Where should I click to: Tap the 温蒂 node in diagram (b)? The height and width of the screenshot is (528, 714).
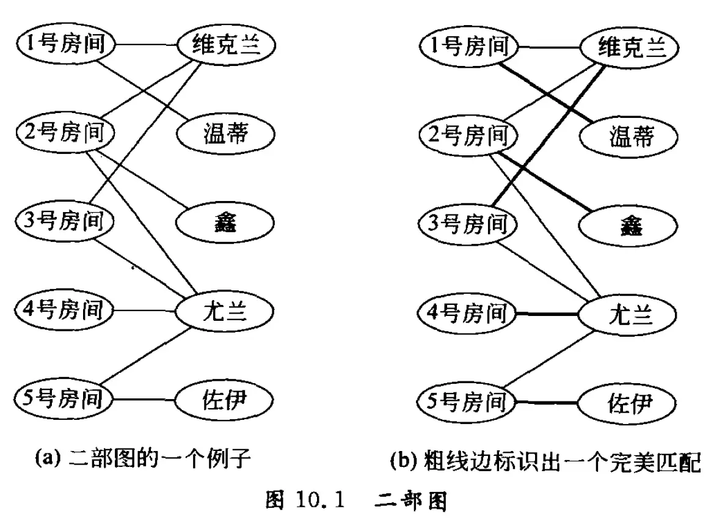tap(628, 135)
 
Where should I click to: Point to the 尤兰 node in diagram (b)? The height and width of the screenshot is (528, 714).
tap(628, 315)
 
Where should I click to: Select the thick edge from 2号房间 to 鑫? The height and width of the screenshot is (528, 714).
tap(544, 183)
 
